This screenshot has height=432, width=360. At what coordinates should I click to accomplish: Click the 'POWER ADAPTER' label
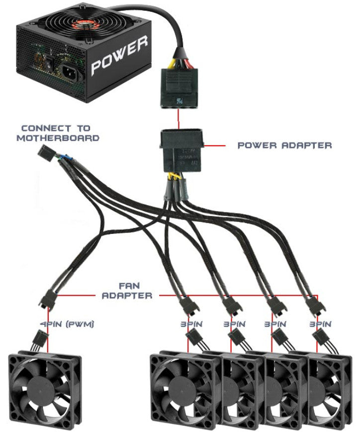285,145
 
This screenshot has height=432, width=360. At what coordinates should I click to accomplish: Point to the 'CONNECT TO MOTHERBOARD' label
58,133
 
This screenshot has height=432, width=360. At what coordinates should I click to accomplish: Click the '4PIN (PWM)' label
67,324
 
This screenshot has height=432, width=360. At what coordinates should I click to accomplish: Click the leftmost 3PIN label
189,324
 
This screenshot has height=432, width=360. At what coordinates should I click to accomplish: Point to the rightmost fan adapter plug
313,305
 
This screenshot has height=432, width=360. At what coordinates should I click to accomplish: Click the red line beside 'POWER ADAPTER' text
215,146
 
